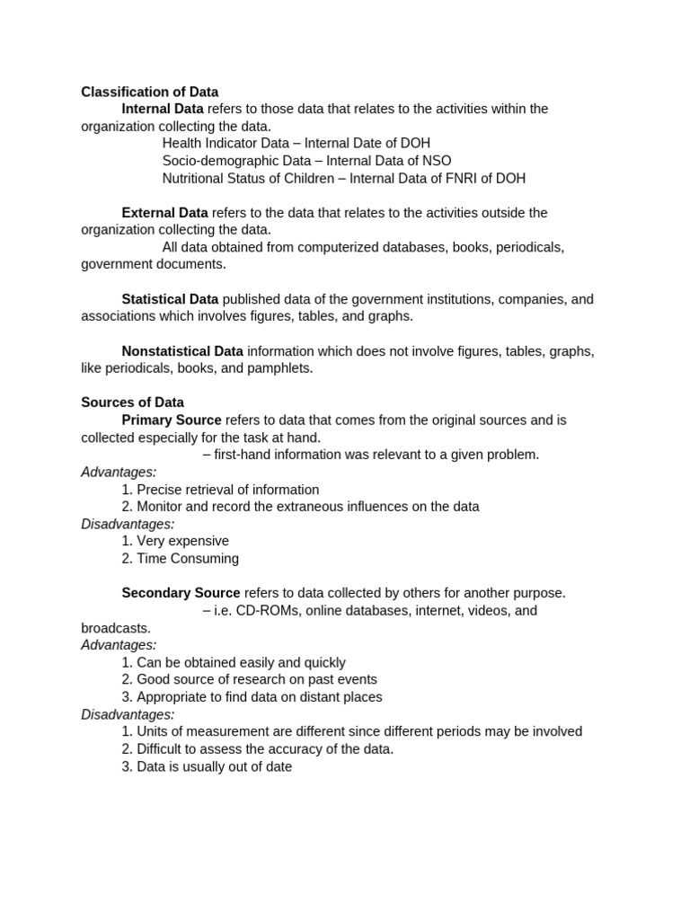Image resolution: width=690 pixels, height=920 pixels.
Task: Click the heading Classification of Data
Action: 149,92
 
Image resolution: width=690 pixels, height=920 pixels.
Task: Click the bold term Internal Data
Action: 163,109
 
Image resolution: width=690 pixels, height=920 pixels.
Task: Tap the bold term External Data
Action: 164,213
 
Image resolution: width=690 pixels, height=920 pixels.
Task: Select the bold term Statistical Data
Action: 170,299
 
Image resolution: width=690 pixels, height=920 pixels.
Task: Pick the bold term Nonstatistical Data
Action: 182,351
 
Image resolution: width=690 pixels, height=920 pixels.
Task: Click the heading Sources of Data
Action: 132,402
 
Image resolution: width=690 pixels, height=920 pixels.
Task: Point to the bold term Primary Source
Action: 172,420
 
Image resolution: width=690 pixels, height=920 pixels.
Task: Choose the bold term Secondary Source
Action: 181,593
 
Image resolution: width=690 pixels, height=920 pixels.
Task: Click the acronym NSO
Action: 436,161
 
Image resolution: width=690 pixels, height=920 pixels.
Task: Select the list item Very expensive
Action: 182,541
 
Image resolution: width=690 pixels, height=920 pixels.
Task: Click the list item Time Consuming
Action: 187,558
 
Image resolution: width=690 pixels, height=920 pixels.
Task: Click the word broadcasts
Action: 115,628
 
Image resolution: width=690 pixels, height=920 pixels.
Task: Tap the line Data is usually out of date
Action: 214,766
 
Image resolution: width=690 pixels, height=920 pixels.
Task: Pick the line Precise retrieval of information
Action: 227,490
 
